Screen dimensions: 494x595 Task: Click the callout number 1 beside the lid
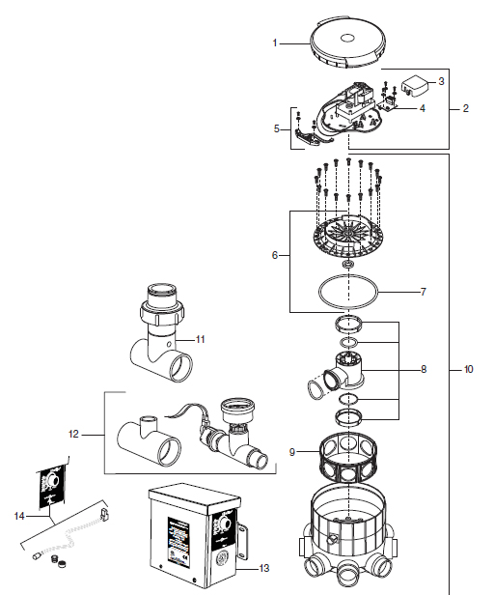click(x=275, y=42)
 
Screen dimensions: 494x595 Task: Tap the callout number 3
click(x=441, y=81)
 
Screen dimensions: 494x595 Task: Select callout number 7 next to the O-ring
click(x=424, y=292)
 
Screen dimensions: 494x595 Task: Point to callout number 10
click(x=468, y=369)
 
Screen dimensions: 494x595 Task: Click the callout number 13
click(x=264, y=568)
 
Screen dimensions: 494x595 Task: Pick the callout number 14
click(x=19, y=516)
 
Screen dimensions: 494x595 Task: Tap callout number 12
click(x=73, y=434)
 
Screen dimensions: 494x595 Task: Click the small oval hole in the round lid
click(x=347, y=38)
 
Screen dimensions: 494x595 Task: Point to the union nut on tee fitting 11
click(x=162, y=313)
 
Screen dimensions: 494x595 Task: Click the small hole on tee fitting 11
click(x=169, y=344)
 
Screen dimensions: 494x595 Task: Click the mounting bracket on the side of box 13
click(x=241, y=541)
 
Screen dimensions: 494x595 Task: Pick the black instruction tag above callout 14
click(x=52, y=487)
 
